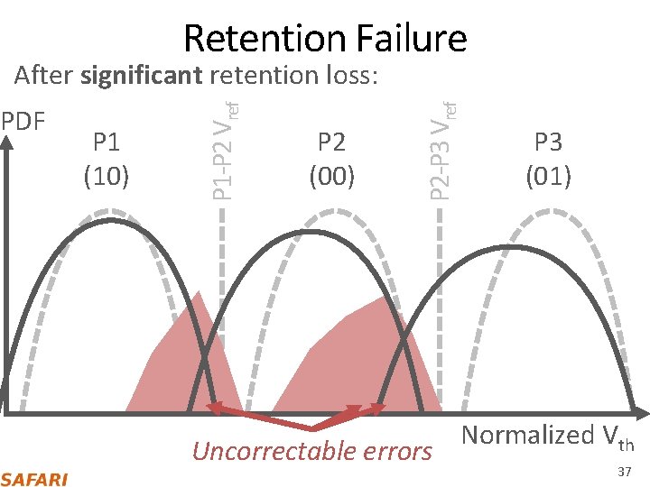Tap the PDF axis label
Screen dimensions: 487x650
(23, 120)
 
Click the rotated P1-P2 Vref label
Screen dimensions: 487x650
(224, 150)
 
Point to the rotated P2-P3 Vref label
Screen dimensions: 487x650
(441, 150)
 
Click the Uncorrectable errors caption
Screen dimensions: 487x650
(312, 450)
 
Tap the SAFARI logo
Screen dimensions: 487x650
(34, 479)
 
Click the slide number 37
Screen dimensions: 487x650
(624, 473)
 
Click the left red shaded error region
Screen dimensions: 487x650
(185, 361)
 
